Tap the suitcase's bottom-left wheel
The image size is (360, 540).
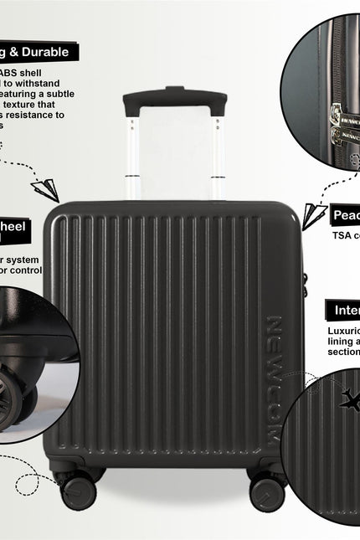[x=78, y=490]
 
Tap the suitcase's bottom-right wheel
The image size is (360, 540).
[x=267, y=490]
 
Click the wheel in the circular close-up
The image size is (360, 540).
[x=21, y=389]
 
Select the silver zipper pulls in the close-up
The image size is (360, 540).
[x=343, y=121]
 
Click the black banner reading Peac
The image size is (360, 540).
[x=345, y=215]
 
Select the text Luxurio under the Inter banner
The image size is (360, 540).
[x=343, y=331]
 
